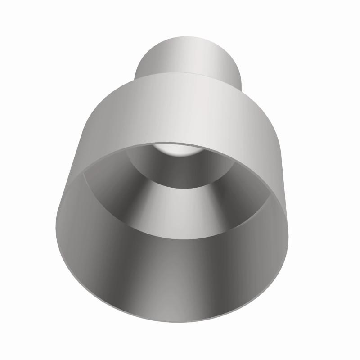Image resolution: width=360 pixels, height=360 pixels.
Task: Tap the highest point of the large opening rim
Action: (x=180, y=144)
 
